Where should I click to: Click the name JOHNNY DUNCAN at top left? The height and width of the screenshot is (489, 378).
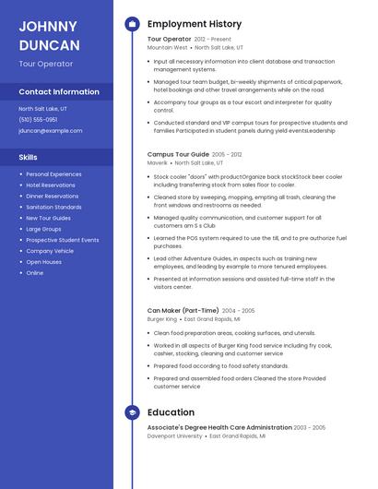click(49, 35)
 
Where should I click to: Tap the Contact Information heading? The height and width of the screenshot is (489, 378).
click(59, 92)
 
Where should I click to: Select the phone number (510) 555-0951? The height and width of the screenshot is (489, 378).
click(38, 120)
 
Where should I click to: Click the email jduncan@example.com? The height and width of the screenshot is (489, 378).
click(50, 131)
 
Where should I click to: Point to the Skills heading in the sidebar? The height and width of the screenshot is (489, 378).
click(29, 158)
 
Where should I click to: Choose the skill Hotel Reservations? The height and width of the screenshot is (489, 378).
click(51, 185)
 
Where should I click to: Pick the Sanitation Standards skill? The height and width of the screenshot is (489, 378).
click(53, 208)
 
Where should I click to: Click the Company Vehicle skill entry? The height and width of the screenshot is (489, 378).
click(50, 251)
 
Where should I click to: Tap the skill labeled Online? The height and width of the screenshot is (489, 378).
click(35, 273)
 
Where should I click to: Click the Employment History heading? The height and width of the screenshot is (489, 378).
click(194, 24)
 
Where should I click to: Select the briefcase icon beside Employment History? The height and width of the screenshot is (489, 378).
click(132, 24)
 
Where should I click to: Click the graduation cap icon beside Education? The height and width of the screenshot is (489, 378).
click(132, 412)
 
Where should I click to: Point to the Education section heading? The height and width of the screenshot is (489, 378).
click(171, 412)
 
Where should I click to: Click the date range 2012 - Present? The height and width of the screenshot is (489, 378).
click(214, 40)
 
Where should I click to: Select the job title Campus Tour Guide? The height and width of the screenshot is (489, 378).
click(178, 154)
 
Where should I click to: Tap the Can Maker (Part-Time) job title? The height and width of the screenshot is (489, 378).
click(183, 311)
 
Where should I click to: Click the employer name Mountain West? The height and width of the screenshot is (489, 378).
click(167, 47)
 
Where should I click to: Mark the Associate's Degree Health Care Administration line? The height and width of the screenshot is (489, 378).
click(219, 427)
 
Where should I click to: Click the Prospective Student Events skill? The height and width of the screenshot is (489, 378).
click(63, 240)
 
